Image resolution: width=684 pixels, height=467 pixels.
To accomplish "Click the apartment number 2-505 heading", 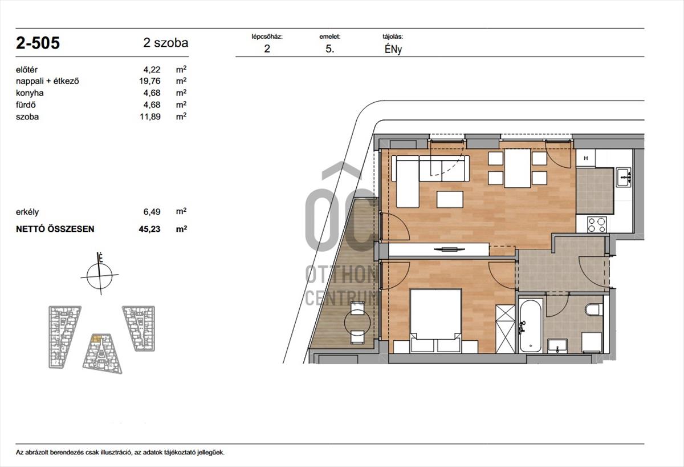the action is (38, 43).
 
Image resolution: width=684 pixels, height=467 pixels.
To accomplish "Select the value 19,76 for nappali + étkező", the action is (150, 81).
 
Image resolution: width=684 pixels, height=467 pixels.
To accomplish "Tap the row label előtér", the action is (27, 70).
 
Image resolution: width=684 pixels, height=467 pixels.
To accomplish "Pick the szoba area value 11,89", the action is (150, 116).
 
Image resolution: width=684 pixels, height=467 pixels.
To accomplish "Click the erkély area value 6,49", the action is (152, 212).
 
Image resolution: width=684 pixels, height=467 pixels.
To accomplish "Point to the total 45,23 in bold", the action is (149, 229).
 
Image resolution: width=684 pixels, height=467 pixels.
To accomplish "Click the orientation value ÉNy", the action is (393, 49).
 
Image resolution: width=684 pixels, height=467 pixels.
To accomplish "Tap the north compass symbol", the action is (100, 273).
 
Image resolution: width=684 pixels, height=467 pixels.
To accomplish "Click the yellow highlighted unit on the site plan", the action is (96, 339).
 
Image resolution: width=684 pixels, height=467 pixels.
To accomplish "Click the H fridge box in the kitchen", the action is (586, 158).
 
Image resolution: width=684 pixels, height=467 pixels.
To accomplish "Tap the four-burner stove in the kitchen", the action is (597, 224).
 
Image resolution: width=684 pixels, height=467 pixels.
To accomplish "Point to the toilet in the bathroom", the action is (594, 309).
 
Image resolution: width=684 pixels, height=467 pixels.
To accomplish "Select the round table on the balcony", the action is (357, 322).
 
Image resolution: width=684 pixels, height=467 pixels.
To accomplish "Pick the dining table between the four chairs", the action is (518, 168).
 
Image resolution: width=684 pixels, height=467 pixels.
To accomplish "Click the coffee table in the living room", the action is (450, 199).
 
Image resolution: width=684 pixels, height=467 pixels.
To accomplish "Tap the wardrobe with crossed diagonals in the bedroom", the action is (506, 329).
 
